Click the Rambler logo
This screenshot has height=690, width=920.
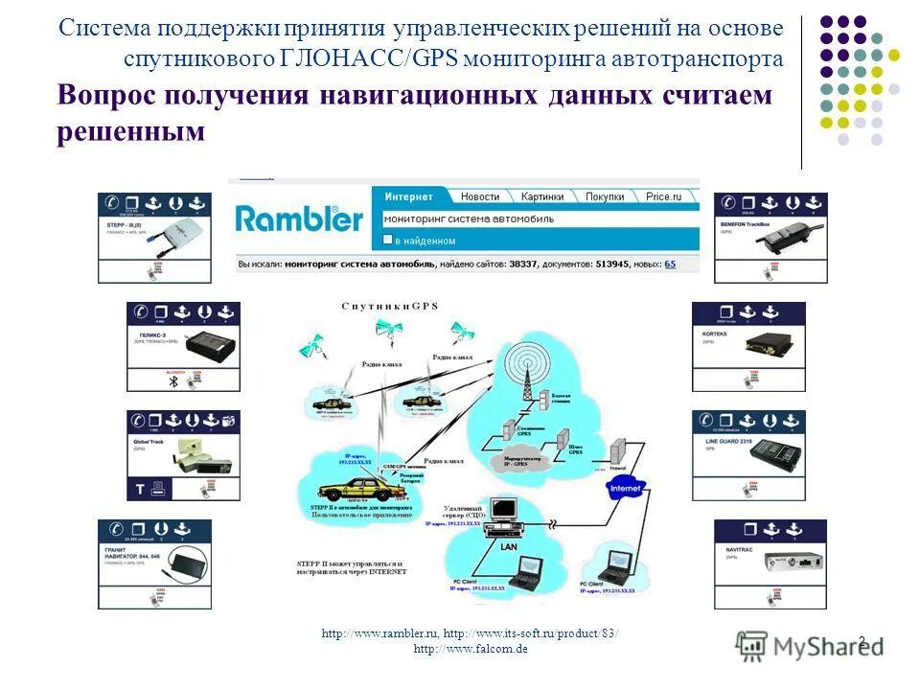(299, 218)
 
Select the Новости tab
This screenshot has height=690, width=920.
(479, 196)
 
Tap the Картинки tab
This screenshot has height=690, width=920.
(541, 196)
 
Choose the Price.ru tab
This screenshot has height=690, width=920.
(663, 196)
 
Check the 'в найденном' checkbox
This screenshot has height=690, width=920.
(388, 241)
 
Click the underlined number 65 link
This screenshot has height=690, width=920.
(669, 264)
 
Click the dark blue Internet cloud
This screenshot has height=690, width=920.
(623, 489)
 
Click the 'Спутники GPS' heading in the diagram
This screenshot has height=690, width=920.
(389, 306)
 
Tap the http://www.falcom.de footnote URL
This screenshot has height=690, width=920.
(471, 649)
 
